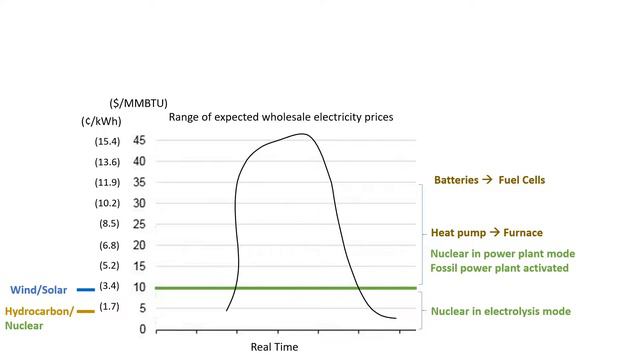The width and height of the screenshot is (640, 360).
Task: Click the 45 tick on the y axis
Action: click(139, 141)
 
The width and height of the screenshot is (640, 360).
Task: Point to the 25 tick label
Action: click(139, 225)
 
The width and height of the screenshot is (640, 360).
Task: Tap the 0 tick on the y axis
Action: click(142, 329)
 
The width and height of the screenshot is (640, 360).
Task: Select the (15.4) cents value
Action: click(107, 141)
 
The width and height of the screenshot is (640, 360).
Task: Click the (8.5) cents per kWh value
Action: click(109, 224)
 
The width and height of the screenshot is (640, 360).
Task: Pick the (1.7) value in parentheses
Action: click(109, 307)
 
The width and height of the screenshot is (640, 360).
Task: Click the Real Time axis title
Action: click(274, 347)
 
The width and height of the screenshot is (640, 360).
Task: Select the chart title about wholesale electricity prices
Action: click(281, 117)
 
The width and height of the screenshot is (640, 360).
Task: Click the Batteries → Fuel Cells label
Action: click(489, 180)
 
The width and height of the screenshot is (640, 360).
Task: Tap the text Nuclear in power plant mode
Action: click(497, 252)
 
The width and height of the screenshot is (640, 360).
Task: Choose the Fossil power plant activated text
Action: click(499, 268)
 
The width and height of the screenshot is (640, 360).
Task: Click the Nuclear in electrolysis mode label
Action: click(500, 311)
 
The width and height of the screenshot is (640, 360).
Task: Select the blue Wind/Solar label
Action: click(39, 289)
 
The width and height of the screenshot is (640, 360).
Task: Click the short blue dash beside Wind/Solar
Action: click(86, 289)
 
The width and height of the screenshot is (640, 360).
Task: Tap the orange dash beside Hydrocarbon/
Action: click(85, 311)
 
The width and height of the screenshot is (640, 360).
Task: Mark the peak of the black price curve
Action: click(300, 134)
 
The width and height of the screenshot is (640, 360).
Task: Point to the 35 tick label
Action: click(139, 183)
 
